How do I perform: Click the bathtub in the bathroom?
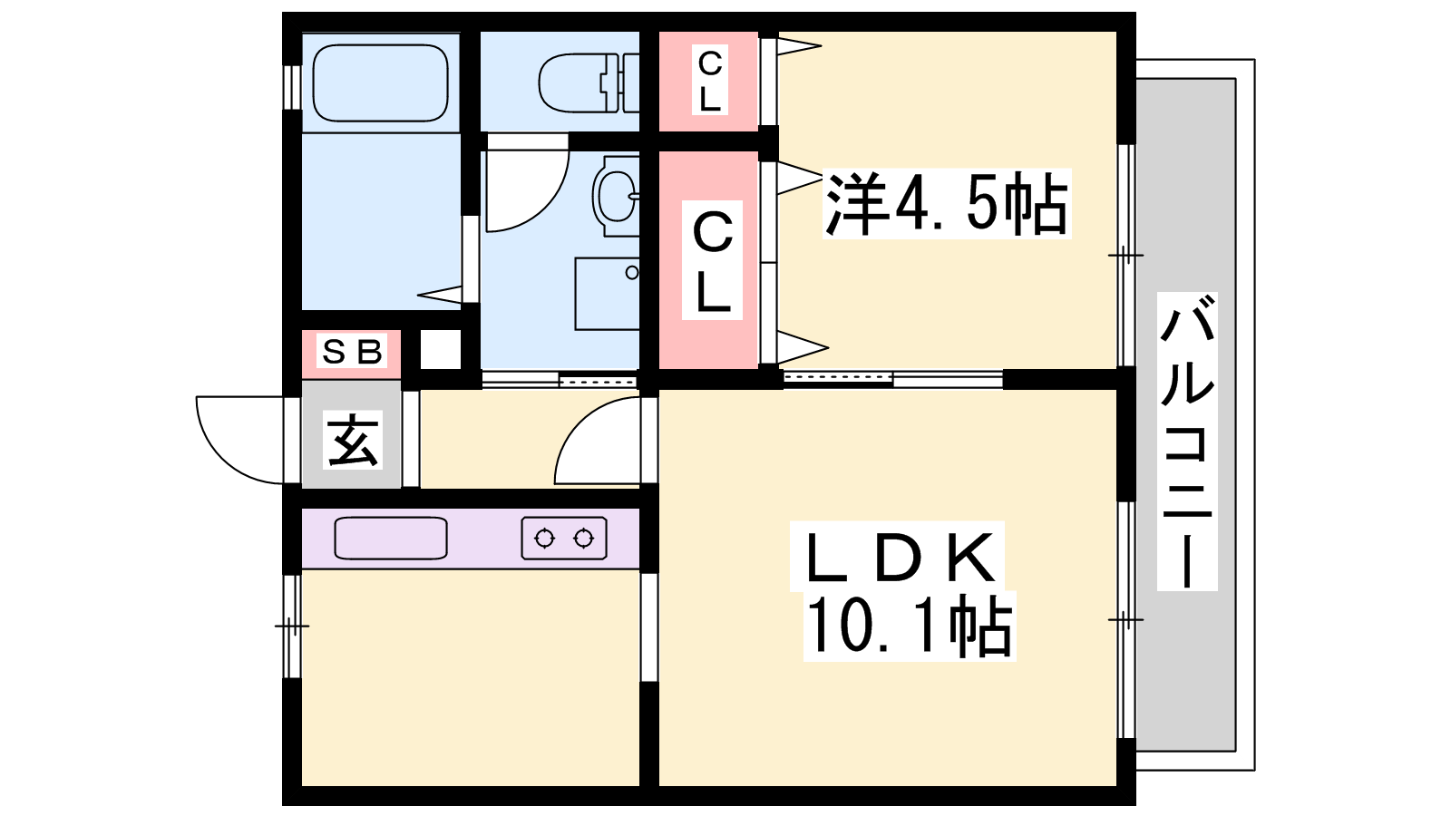point(380,83)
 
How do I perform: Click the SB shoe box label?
point(352,353)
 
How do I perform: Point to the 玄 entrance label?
point(353,441)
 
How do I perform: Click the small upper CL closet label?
point(709,81)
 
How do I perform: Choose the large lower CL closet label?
point(711,260)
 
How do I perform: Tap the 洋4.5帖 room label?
point(947,203)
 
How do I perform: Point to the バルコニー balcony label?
point(1187,441)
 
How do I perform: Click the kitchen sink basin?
point(391,538)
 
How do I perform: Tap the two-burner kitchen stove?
point(564,538)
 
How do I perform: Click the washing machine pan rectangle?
point(608,294)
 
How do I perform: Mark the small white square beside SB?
point(441,350)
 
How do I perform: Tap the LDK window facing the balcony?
point(1126,620)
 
